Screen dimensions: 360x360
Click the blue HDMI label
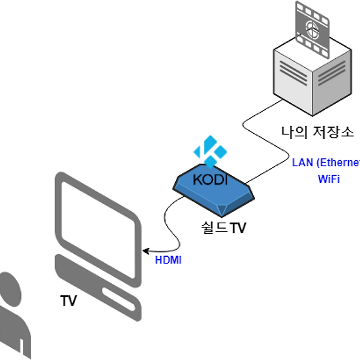(168, 260)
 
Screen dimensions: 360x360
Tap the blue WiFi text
(329, 179)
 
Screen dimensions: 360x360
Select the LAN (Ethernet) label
(326, 163)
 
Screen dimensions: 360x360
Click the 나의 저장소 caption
(317, 133)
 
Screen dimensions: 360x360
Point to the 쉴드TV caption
(223, 228)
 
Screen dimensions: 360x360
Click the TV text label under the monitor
(68, 301)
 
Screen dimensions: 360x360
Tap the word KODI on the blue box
(210, 179)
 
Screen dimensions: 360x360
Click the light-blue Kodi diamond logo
(211, 152)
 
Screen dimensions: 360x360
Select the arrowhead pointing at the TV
(146, 251)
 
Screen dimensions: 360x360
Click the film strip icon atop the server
(313, 29)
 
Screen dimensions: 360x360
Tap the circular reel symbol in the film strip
(312, 29)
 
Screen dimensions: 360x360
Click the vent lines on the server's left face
(293, 73)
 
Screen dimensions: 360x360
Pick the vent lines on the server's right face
(332, 73)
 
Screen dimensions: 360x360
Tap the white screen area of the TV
(98, 230)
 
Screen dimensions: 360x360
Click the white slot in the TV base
(119, 299)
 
